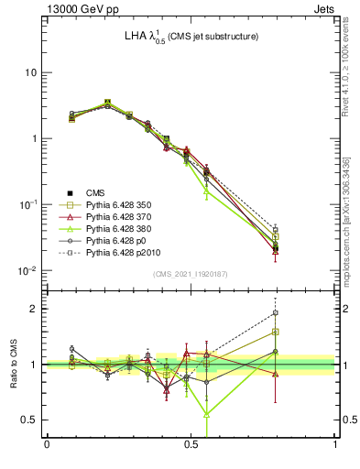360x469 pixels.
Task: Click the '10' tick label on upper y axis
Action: tap(31, 72)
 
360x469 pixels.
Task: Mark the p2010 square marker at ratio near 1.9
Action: tap(276, 312)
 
